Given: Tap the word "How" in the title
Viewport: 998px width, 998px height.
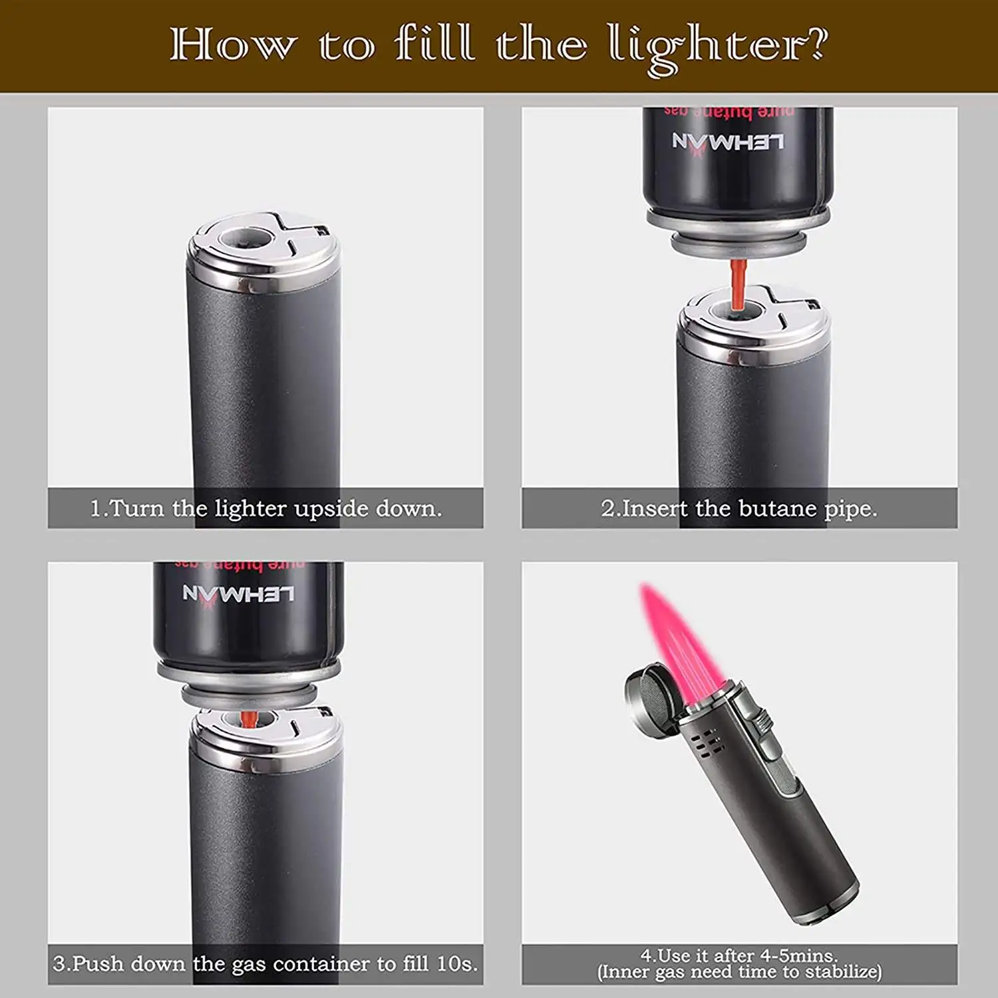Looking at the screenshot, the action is tap(232, 45).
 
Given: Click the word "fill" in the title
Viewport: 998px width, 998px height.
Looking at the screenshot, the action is tap(435, 43).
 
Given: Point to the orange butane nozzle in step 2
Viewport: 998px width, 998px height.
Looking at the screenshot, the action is tap(737, 285).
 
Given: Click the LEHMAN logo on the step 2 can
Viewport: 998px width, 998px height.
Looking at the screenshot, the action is tap(728, 142).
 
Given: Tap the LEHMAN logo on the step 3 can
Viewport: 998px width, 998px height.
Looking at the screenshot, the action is tap(238, 594).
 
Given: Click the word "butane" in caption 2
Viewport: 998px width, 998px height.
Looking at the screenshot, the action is tap(777, 508).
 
